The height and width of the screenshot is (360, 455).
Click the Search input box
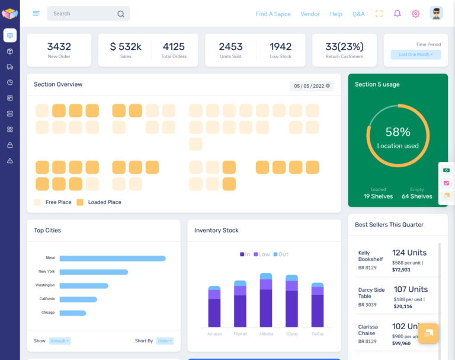[83, 14]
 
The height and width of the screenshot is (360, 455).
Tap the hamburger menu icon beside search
[36, 14]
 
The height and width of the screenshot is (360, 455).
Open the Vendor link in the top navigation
[310, 14]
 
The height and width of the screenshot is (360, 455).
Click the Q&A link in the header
[358, 14]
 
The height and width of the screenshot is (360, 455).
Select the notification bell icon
[397, 14]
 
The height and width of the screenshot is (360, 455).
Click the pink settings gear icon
[416, 14]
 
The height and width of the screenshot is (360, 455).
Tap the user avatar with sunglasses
[436, 13]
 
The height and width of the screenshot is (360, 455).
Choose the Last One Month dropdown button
[416, 55]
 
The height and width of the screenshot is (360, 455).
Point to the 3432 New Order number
[59, 46]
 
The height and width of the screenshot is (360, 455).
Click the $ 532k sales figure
[126, 46]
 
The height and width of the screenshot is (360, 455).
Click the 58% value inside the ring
[398, 132]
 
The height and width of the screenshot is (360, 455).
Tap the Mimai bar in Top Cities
[113, 259]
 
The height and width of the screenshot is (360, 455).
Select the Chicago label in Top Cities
[48, 313]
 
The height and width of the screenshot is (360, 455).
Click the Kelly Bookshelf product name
[371, 256]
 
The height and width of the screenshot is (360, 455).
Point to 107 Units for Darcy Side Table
[410, 289]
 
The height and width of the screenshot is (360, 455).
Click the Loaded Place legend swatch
[80, 202]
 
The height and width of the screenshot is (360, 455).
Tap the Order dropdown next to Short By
[165, 341]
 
